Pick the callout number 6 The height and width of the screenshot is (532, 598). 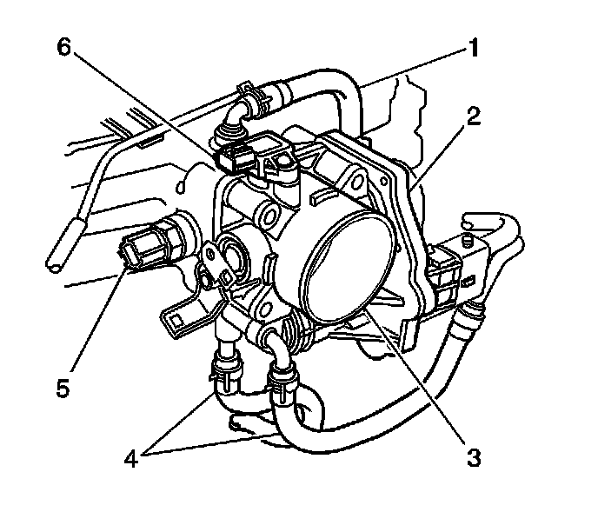(x=62, y=49)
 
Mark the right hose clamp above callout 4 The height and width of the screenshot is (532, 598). (x=282, y=376)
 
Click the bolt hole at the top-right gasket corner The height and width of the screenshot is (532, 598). (x=355, y=182)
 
